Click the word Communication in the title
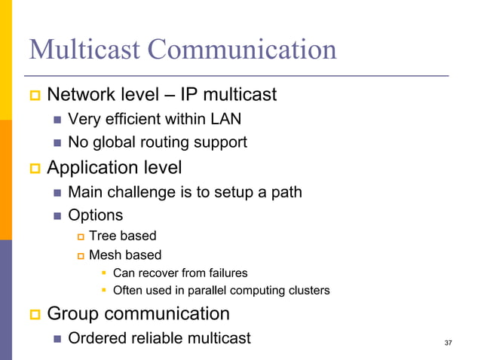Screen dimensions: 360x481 coord(242,50)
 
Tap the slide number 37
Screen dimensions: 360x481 coord(449,343)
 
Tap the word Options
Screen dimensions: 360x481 coord(95,215)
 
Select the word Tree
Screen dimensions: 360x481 coord(102,236)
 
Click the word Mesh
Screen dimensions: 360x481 coord(105,255)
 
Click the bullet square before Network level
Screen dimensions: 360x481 coord(33,96)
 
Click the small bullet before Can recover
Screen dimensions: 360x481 coord(105,273)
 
